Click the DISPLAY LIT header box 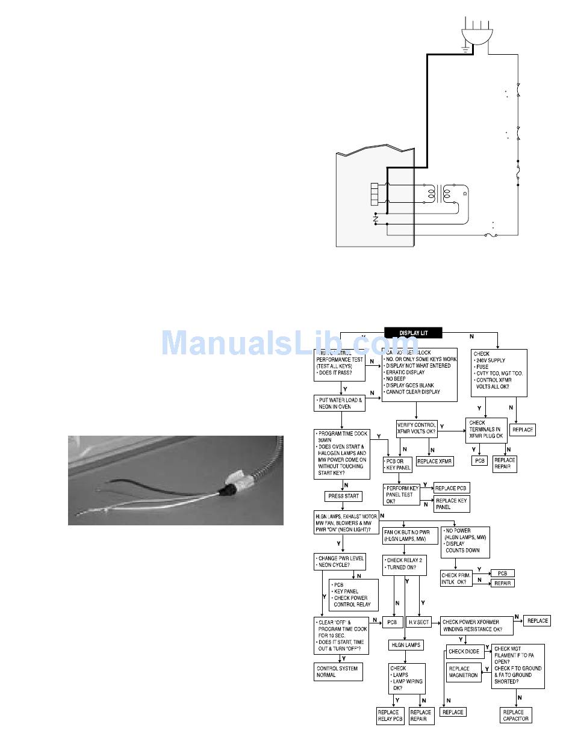(414, 332)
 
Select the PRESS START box (343, 496)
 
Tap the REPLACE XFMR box (435, 461)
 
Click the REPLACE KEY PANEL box (452, 504)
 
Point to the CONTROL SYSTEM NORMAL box (338, 672)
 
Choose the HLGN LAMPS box (406, 645)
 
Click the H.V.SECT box (418, 622)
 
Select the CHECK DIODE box (464, 651)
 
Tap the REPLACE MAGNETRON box (463, 672)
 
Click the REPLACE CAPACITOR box (516, 715)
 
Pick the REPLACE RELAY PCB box (391, 715)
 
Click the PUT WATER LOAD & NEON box (340, 403)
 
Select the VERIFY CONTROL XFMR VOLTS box (416, 428)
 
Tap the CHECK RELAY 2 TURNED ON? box (406, 563)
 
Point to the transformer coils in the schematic (438, 194)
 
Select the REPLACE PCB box (451, 488)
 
